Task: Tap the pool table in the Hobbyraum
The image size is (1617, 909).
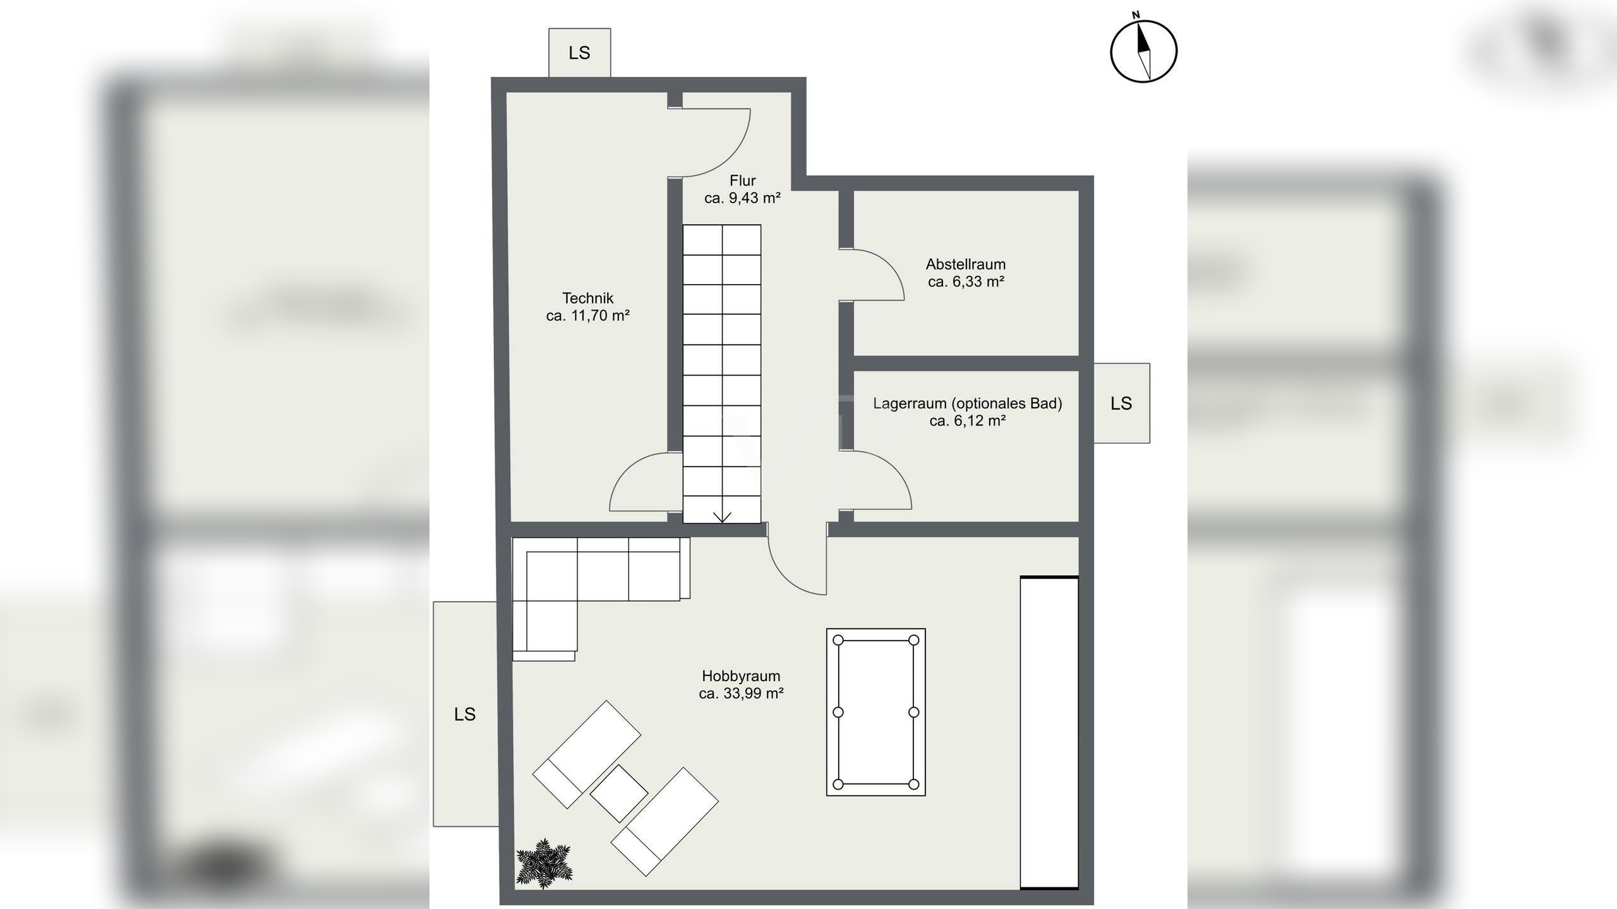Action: click(x=876, y=712)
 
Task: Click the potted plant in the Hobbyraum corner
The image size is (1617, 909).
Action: click(x=544, y=863)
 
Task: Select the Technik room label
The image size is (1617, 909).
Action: click(x=587, y=298)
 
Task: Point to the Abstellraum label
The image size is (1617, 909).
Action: click(x=966, y=264)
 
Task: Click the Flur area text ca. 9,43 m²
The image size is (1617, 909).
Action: click(x=742, y=198)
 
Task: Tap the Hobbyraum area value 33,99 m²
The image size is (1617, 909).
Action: click(x=754, y=693)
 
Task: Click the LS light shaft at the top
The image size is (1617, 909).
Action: click(x=579, y=52)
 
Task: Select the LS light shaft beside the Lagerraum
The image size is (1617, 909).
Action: click(x=1121, y=403)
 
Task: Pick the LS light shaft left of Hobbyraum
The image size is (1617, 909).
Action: click(x=465, y=714)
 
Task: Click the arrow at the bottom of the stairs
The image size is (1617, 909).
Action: click(x=722, y=517)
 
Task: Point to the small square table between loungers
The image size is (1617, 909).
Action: click(x=619, y=793)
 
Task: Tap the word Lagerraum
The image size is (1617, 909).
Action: click(x=908, y=403)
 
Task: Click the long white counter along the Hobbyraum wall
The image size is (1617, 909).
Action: click(x=1049, y=733)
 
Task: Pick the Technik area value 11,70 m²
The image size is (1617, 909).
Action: click(x=600, y=316)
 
